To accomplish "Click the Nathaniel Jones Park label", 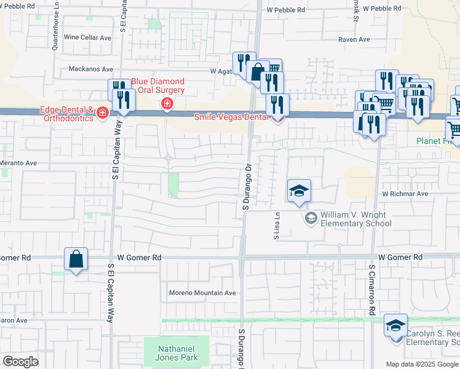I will (x=176, y=351).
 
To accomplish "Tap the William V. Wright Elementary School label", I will (x=355, y=219).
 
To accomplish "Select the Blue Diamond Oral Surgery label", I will (x=157, y=85).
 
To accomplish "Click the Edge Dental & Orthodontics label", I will (x=66, y=114).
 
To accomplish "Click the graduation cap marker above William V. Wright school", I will (x=299, y=191).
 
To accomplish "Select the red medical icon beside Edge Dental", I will (x=102, y=114).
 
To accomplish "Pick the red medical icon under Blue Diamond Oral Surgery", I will (x=166, y=104).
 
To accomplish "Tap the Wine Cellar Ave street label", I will (x=88, y=38).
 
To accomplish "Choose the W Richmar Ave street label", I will (x=405, y=194).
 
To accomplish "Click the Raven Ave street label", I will (x=354, y=39).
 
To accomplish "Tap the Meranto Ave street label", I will (x=18, y=164).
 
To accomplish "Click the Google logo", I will (x=20, y=362).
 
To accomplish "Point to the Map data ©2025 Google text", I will (x=421, y=364).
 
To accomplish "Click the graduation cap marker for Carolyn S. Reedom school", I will (x=395, y=325).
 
